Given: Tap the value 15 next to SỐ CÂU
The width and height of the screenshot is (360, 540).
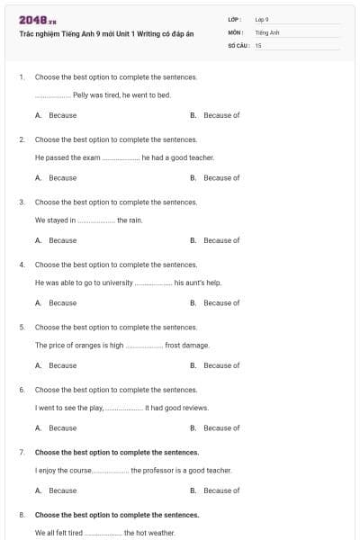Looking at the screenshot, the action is (x=258, y=44).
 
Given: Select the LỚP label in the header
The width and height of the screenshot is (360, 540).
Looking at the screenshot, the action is (x=235, y=19).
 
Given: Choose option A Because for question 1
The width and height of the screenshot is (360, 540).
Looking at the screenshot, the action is (x=62, y=115).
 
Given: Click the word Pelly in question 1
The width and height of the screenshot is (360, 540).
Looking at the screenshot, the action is (x=82, y=94).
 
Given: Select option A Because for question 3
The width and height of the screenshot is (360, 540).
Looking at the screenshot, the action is (x=62, y=240).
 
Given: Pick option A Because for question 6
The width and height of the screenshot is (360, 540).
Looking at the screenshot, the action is (x=62, y=427).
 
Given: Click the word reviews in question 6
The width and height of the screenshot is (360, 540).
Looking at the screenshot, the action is (x=195, y=407).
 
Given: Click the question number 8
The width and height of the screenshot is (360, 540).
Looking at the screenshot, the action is (x=21, y=515).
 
